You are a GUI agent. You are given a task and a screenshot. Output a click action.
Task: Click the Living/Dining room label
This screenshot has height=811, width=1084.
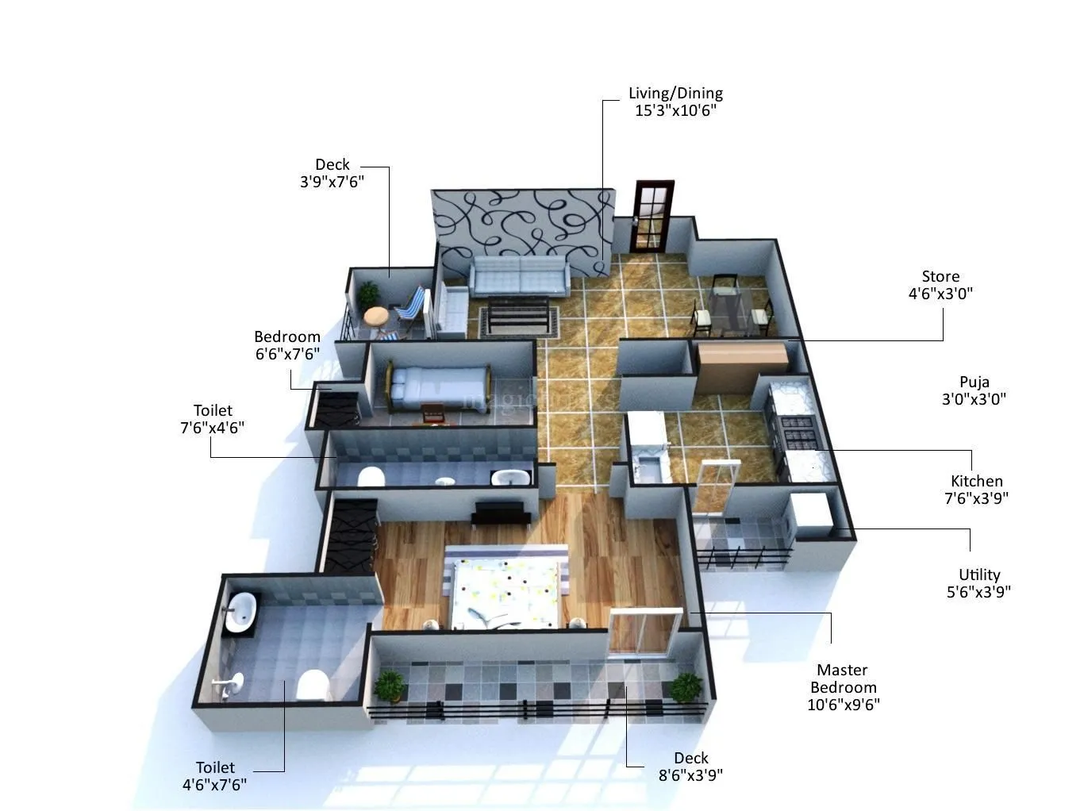click(675, 102)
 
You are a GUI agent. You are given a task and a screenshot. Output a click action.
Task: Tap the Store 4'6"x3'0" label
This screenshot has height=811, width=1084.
click(940, 285)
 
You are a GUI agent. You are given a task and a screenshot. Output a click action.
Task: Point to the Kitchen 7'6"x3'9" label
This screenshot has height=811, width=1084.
click(977, 490)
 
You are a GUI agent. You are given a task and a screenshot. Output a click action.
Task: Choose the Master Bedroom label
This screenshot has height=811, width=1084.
click(844, 687)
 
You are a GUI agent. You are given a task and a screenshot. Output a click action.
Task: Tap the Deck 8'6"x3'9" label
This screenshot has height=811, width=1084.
click(690, 767)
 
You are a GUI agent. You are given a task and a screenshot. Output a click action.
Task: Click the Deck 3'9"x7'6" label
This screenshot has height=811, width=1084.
click(332, 173)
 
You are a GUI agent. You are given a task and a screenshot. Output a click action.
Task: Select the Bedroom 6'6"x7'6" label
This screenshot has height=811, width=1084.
click(287, 345)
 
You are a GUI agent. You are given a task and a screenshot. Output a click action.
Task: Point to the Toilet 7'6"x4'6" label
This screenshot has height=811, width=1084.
click(213, 419)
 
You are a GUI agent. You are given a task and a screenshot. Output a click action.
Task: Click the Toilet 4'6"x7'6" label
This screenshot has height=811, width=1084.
click(214, 776)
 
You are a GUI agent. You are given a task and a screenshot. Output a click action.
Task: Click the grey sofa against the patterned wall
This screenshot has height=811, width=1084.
click(519, 277)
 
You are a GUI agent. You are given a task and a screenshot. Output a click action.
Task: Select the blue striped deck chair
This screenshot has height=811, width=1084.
click(410, 306)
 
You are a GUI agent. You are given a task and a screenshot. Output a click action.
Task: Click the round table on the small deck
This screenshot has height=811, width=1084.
click(376, 316)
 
